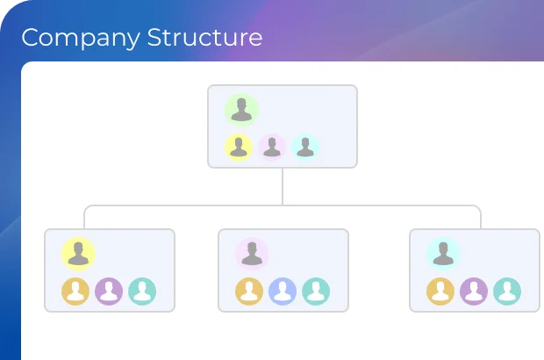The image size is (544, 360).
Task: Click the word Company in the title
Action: tap(81, 38)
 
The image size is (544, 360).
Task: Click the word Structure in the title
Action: tap(204, 38)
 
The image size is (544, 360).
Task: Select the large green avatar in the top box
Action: tap(240, 111)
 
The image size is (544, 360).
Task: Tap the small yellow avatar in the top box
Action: tap(239, 148)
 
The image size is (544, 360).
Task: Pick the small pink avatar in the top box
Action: tap(272, 148)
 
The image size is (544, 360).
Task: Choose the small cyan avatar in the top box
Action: tap(305, 148)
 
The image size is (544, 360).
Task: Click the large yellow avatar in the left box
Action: tap(78, 254)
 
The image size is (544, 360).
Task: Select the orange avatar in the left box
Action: tap(75, 291)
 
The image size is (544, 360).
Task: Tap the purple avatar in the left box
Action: tap(109, 291)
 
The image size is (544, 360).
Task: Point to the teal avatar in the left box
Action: tap(142, 291)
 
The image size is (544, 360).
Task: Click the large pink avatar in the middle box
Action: tap(251, 254)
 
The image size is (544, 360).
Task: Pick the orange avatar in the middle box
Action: tap(249, 291)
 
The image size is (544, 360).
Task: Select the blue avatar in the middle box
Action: tap(283, 291)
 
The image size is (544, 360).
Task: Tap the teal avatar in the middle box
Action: tap(316, 291)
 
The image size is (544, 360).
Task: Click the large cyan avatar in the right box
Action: tap(443, 254)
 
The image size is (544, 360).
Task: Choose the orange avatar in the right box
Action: tap(440, 291)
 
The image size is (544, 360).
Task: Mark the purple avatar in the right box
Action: tap(474, 291)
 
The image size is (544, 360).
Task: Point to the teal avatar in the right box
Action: tap(507, 291)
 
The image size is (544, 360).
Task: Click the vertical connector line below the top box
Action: tap(283, 186)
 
